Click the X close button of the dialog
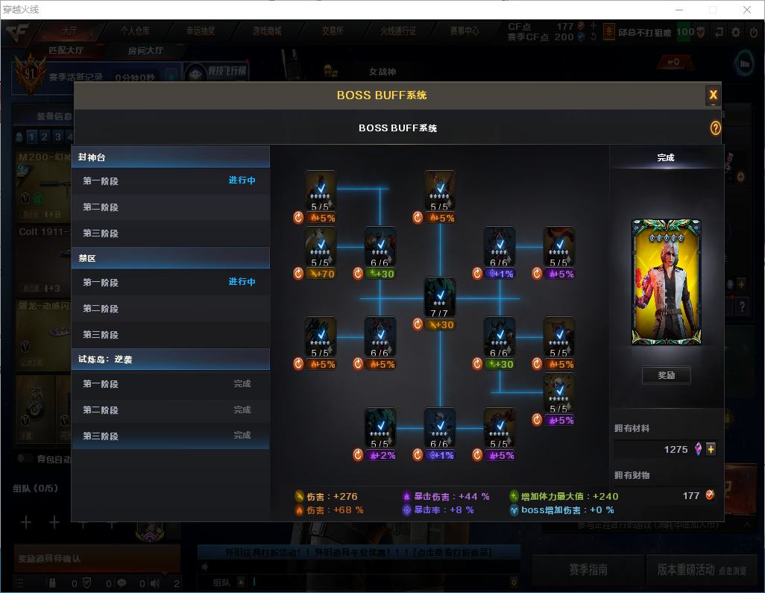713,95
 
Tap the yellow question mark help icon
715,128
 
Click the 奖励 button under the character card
666,375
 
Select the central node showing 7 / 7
440,297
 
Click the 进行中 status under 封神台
242,181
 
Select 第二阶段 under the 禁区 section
101,309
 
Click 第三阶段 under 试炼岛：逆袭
101,436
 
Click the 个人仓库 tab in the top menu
135,31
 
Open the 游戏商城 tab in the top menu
267,31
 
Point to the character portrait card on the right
666,282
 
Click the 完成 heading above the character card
666,158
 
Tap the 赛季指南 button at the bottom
588,570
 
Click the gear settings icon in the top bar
736,32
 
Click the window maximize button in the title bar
713,10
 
